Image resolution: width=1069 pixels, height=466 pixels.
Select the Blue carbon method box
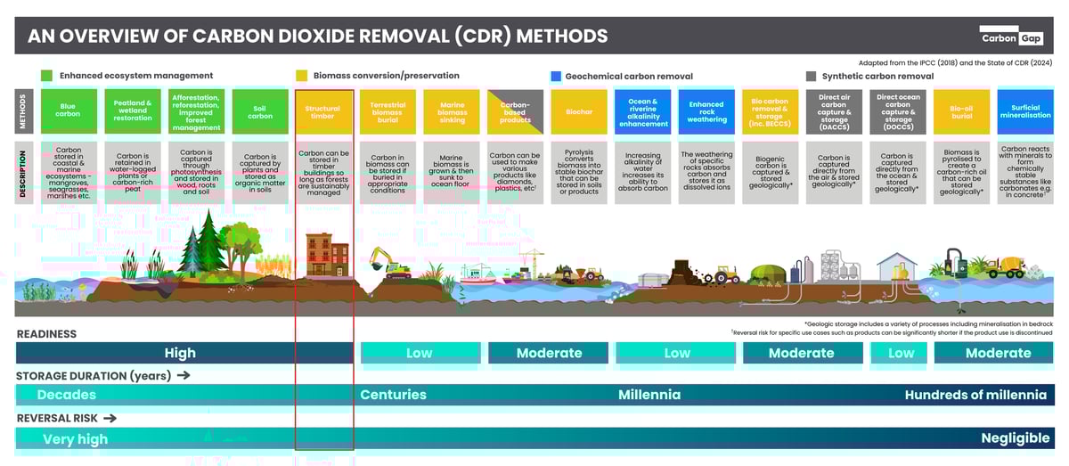[68, 110]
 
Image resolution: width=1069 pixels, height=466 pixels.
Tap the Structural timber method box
[323, 110]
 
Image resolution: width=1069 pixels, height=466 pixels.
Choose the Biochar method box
[579, 110]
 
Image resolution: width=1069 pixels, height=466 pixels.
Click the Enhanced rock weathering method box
[706, 110]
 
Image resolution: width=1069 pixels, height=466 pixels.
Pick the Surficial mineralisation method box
[1025, 110]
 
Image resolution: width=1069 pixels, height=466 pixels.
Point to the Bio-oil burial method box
[962, 110]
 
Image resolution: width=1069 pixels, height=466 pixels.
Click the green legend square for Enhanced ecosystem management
[46, 77]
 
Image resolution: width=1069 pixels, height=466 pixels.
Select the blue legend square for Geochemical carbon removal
[555, 77]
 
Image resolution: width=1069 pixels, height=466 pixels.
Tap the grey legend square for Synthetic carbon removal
[811, 77]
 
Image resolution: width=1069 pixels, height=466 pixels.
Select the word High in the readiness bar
[180, 353]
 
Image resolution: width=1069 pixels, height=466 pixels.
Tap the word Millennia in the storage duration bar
[649, 395]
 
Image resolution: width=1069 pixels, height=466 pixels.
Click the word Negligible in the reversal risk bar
[1015, 437]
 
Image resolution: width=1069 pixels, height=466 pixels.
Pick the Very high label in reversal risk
[75, 438]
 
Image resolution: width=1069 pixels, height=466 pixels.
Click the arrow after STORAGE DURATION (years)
[184, 375]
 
